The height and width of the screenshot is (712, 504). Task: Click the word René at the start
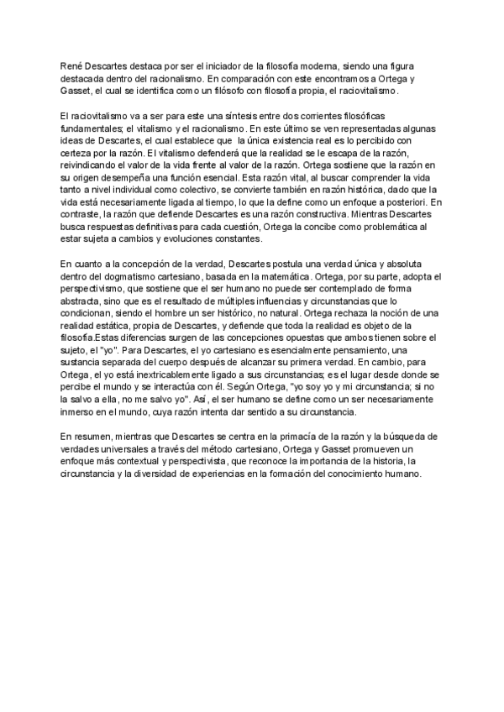point(71,65)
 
